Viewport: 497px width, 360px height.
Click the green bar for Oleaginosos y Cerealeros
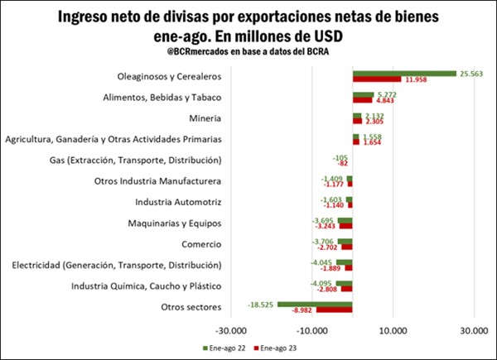(x=404, y=74)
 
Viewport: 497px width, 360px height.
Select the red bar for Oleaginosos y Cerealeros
(x=377, y=80)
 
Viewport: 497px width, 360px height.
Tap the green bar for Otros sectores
(x=315, y=305)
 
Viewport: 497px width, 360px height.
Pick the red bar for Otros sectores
(x=334, y=311)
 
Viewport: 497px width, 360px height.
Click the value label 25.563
(x=470, y=74)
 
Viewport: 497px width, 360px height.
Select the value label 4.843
(x=388, y=102)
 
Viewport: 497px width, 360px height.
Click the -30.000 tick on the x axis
(x=231, y=329)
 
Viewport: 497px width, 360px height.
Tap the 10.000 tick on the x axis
(x=393, y=329)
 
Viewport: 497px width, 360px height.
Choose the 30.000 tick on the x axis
(x=473, y=329)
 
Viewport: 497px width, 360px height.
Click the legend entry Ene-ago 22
(x=224, y=348)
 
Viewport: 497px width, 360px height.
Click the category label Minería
(x=205, y=118)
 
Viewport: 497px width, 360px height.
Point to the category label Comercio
(x=201, y=244)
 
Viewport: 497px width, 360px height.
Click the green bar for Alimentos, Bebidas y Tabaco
(x=363, y=95)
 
